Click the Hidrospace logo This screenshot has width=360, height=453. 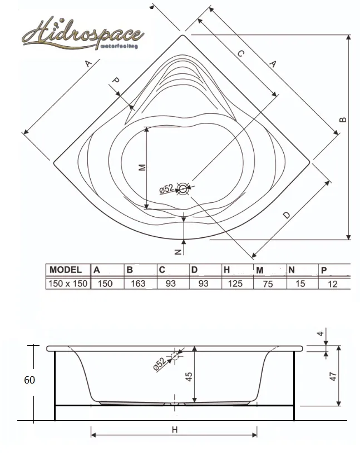click(83, 34)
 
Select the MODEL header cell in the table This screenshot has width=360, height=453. click(68, 270)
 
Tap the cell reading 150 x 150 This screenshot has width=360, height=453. click(68, 283)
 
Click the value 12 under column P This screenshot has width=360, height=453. click(333, 284)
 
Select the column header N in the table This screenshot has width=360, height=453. click(292, 270)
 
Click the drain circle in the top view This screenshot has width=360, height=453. click(183, 189)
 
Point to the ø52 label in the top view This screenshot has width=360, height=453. click(166, 189)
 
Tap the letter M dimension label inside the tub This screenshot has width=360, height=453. click(142, 167)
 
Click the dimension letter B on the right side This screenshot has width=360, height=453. click(342, 120)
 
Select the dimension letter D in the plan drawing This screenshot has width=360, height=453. click(286, 215)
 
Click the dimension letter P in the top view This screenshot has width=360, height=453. click(115, 80)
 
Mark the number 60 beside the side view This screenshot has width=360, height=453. click(29, 380)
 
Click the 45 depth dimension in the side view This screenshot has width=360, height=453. click(189, 377)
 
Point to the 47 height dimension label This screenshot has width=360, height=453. click(333, 376)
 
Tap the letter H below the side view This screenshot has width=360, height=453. click(175, 430)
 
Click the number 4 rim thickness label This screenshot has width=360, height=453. click(320, 333)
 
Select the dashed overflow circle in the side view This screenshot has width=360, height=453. click(175, 356)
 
